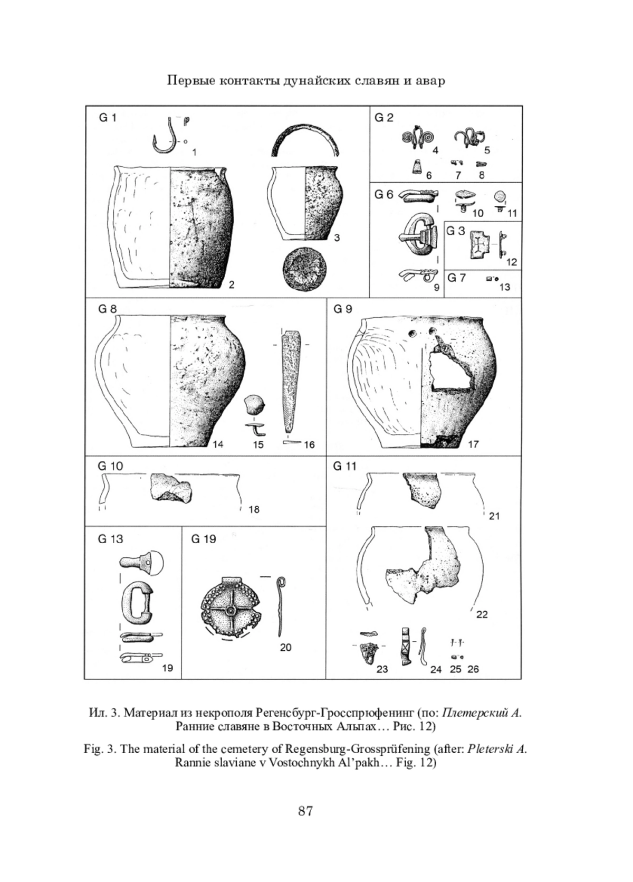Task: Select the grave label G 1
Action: (x=108, y=118)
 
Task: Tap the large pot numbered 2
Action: (x=171, y=227)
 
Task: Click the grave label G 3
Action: (x=456, y=231)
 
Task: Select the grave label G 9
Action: (x=342, y=309)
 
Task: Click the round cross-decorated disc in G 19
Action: (x=230, y=611)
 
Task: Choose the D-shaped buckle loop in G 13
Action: (x=136, y=603)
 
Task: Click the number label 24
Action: (x=435, y=669)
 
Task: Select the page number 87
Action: (x=305, y=811)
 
